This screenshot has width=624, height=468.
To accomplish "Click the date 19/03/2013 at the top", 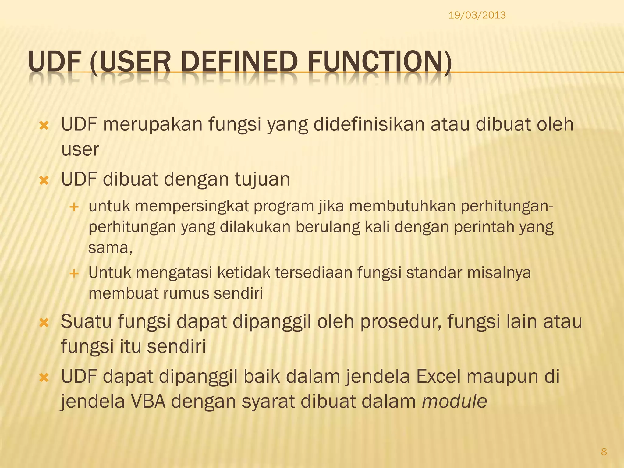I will pos(477,15).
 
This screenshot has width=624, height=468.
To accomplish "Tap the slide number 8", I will pos(604,452).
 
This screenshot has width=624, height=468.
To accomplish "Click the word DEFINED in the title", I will pos(240,63).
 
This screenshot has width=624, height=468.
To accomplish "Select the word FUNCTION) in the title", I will pos(379,63).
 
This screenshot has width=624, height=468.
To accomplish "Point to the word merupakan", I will pos(153,125).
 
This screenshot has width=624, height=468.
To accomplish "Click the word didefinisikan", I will pos(369,125).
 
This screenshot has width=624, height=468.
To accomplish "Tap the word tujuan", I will pos(262,179).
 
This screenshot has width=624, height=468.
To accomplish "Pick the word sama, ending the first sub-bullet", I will pos(110,248).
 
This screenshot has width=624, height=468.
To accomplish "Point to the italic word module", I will pos(454,402).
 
